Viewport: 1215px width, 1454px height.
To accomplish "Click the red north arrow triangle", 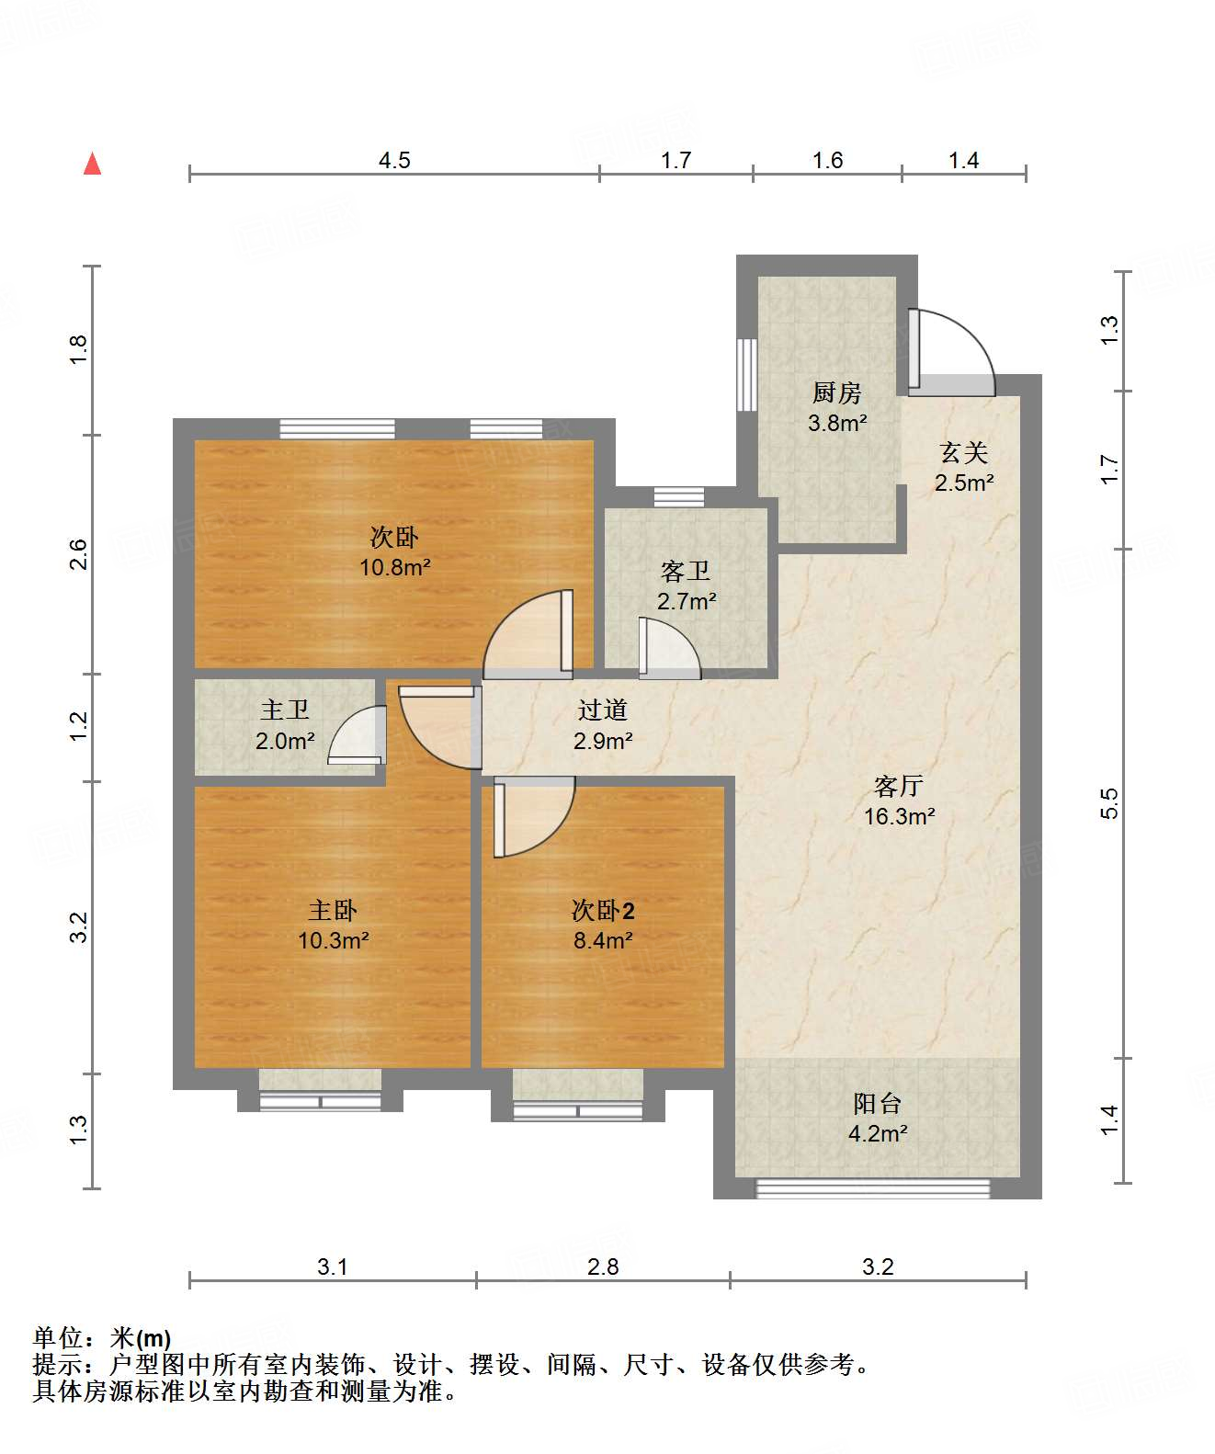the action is [x=93, y=164].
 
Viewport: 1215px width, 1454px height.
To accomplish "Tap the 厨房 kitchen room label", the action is [x=836, y=392].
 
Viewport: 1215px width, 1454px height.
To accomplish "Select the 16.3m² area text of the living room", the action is [x=899, y=816].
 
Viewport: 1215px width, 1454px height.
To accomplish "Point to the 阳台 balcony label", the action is [x=878, y=1104].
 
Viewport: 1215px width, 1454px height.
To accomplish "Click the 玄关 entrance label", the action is [x=964, y=453].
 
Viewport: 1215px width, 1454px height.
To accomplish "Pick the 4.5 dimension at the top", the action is [x=394, y=160].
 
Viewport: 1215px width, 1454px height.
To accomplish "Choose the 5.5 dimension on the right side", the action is [x=1109, y=803].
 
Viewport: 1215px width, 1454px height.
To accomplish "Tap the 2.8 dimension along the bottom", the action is [x=602, y=1267].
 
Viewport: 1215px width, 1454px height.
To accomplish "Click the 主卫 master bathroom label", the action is [x=284, y=710].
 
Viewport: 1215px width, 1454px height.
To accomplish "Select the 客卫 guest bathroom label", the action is [x=685, y=572].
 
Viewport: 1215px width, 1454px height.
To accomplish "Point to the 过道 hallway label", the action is [x=602, y=710].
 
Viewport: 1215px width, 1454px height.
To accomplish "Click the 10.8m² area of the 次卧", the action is [x=395, y=567].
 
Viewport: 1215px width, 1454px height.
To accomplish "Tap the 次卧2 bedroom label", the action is [x=603, y=910].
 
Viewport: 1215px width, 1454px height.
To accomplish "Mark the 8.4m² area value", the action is [x=603, y=941].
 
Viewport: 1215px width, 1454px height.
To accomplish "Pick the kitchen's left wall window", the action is [x=746, y=375].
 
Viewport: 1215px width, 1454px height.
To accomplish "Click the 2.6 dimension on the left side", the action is [x=79, y=555].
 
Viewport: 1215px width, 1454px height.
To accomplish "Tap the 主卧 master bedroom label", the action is [x=333, y=910].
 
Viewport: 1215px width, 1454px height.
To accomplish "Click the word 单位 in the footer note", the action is [x=59, y=1338].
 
